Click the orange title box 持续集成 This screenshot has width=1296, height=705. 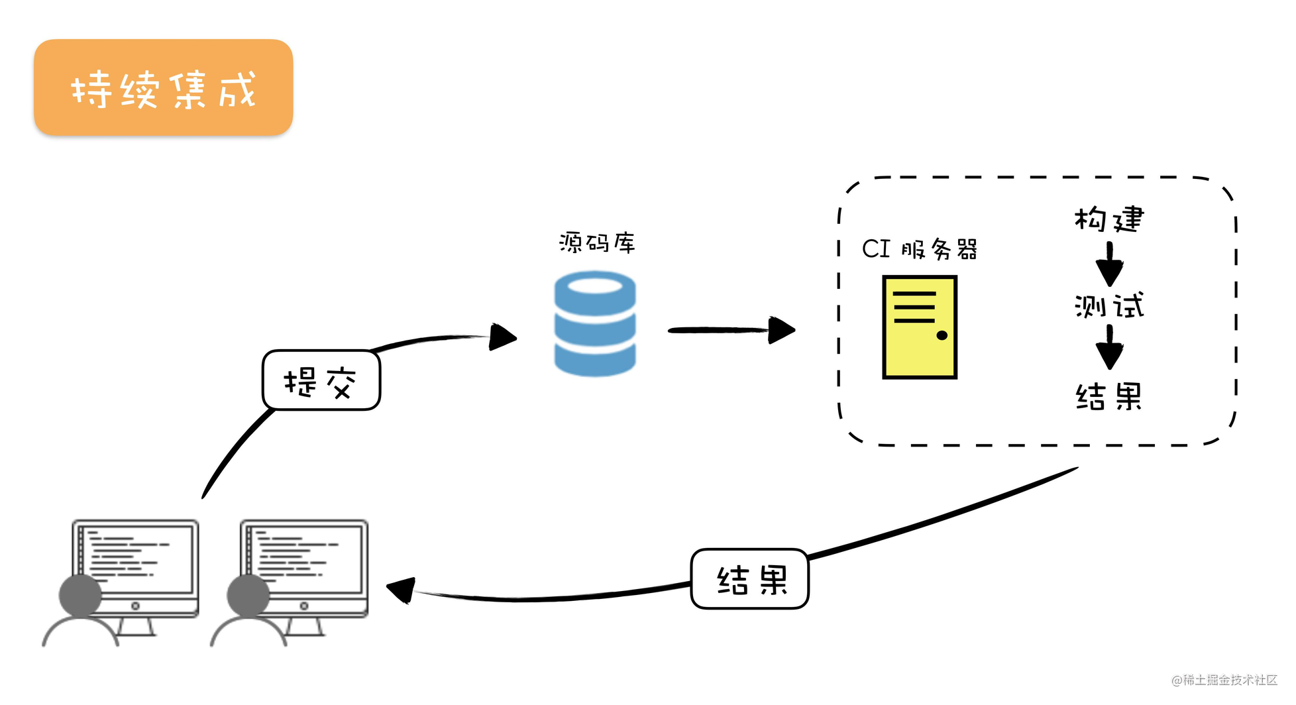click(x=163, y=88)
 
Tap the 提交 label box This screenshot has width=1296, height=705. click(x=321, y=380)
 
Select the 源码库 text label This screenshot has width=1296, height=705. click(x=597, y=243)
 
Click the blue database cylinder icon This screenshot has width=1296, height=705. click(x=595, y=324)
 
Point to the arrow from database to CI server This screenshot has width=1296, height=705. click(x=729, y=329)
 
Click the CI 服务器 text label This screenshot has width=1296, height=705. click(x=919, y=249)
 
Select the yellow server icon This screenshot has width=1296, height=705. click(x=919, y=327)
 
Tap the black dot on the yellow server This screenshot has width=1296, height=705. click(x=942, y=335)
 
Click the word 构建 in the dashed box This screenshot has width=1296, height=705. click(x=1109, y=219)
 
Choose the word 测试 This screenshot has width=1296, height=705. click(x=1109, y=306)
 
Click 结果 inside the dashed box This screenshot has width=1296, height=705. click(x=1109, y=396)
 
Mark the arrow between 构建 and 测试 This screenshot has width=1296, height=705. click(x=1109, y=263)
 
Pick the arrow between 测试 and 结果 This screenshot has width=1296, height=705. click(x=1109, y=347)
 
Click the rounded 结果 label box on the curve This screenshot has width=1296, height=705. click(x=749, y=579)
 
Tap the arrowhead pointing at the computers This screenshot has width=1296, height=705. click(x=402, y=589)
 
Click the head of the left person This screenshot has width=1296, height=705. click(x=80, y=595)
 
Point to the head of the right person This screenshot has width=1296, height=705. click(x=248, y=595)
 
